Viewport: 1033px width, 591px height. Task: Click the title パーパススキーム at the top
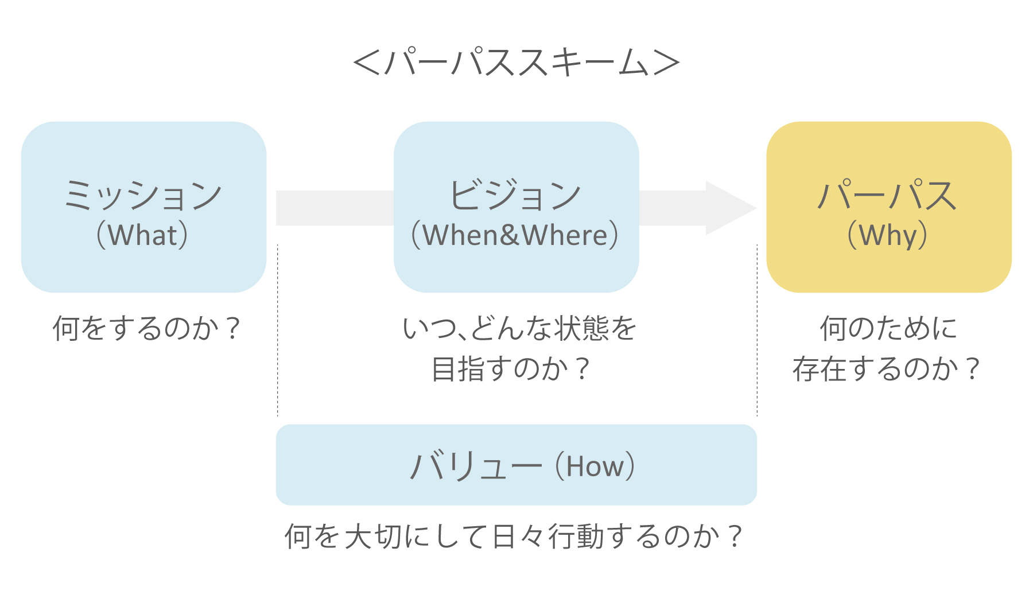pos(516,62)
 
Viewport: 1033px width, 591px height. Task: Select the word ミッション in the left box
pos(143,195)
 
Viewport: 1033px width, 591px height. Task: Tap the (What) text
pos(143,235)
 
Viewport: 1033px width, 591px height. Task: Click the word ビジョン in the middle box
pos(515,195)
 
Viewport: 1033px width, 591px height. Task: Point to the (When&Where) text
pos(515,235)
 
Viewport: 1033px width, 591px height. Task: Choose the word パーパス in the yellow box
pos(887,195)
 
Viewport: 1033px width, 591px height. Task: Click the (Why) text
pos(887,235)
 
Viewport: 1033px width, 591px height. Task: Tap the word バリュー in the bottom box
pos(476,465)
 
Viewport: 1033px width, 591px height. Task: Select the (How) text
pos(595,466)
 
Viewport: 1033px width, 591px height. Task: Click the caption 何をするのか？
pos(146,329)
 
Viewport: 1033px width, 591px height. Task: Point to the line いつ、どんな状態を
pos(519,329)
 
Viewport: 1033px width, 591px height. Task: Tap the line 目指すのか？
pos(511,369)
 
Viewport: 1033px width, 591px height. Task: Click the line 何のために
pos(888,329)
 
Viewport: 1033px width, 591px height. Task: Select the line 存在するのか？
pos(887,369)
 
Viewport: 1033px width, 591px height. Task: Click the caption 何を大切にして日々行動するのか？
pos(514,536)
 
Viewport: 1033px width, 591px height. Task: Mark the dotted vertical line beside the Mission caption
pos(278,330)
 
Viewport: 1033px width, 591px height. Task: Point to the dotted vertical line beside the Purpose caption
pos(758,330)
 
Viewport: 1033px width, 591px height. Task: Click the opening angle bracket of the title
pos(367,63)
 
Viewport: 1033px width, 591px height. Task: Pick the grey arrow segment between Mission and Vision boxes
pos(335,208)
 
